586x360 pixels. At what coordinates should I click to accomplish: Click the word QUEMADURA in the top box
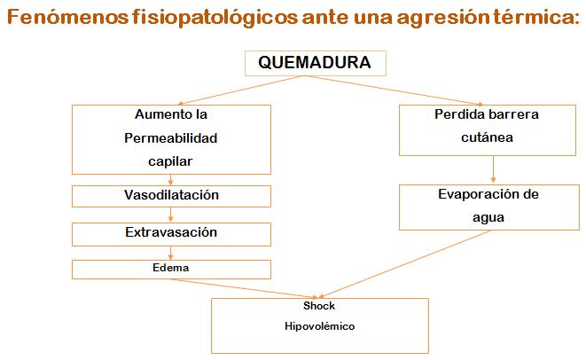pyautogui.click(x=315, y=62)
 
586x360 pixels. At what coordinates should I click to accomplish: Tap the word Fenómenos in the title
pyautogui.click(x=68, y=17)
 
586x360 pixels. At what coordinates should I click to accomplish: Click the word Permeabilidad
pyautogui.click(x=171, y=138)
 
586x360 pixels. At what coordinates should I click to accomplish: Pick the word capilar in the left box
pyautogui.click(x=170, y=161)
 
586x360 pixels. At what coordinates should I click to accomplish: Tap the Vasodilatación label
pyautogui.click(x=171, y=195)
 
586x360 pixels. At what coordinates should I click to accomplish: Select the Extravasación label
pyautogui.click(x=171, y=232)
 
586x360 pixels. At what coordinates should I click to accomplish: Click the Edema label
pyautogui.click(x=171, y=268)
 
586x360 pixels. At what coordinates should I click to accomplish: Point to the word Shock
pyautogui.click(x=319, y=306)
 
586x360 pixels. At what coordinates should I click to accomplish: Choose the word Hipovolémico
pyautogui.click(x=319, y=326)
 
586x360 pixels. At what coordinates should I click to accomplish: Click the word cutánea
pyautogui.click(x=487, y=137)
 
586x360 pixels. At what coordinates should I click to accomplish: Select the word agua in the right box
pyautogui.click(x=488, y=218)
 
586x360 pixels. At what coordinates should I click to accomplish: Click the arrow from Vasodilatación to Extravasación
pyautogui.click(x=171, y=215)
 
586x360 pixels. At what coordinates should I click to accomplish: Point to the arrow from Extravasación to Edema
pyautogui.click(x=171, y=253)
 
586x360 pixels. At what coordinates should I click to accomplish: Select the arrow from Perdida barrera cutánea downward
pyautogui.click(x=493, y=169)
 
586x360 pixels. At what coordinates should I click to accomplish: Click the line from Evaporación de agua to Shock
pyautogui.click(x=405, y=264)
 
